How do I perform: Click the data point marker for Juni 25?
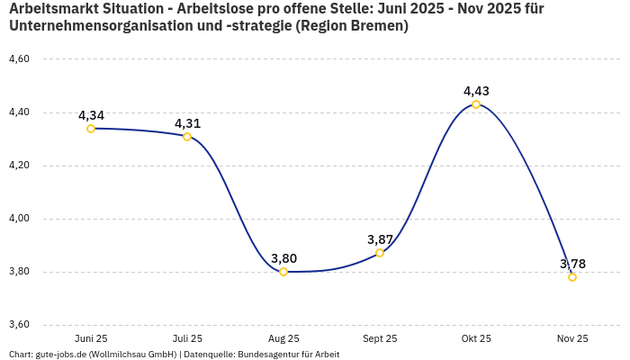pyautogui.click(x=91, y=129)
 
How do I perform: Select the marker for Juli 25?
pyautogui.click(x=187, y=137)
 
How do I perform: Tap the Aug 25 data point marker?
pyautogui.click(x=283, y=272)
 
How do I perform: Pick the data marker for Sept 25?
pyautogui.click(x=380, y=253)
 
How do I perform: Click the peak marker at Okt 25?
pyautogui.click(x=476, y=104)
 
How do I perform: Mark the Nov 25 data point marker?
pyautogui.click(x=572, y=277)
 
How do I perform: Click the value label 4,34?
pyautogui.click(x=91, y=115)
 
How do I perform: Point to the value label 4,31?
pyautogui.click(x=187, y=123)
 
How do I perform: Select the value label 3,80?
pyautogui.click(x=283, y=258)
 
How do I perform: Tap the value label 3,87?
pyautogui.click(x=380, y=239)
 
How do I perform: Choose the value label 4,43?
pyautogui.click(x=476, y=91)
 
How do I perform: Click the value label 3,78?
pyautogui.click(x=572, y=264)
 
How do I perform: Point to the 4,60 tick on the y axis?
pyautogui.click(x=19, y=59)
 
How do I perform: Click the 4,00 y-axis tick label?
pyautogui.click(x=19, y=219)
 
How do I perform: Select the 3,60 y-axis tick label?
pyautogui.click(x=19, y=325)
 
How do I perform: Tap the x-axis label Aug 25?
pyautogui.click(x=283, y=338)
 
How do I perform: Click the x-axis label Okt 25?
pyautogui.click(x=476, y=338)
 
